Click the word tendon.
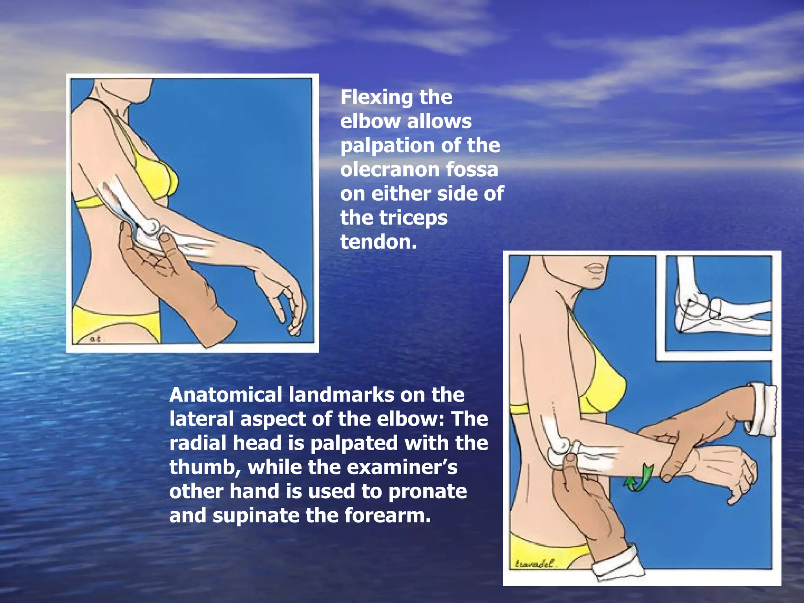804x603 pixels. (378, 242)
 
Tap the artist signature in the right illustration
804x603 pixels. (535, 564)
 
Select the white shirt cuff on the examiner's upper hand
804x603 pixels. (761, 409)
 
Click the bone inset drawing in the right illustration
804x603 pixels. (718, 302)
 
